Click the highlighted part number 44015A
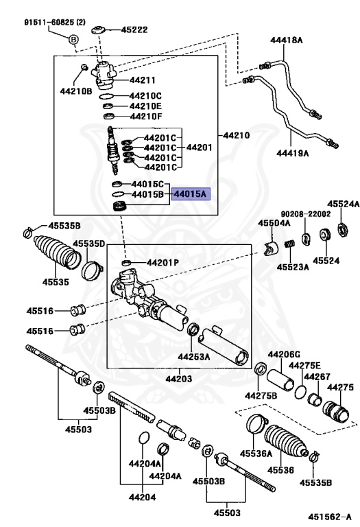[x=191, y=194]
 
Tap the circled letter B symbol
[x=73, y=40]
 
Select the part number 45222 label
[x=134, y=30]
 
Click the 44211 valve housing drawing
[x=104, y=75]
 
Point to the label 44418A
[x=287, y=40]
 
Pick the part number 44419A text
[x=293, y=154]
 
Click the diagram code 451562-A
[x=330, y=516]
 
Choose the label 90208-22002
[x=306, y=214]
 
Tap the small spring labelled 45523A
[x=290, y=244]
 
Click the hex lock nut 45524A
[x=344, y=230]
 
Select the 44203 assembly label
[x=179, y=379]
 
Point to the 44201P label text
[x=163, y=263]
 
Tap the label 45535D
[x=89, y=244]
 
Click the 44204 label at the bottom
[x=143, y=497]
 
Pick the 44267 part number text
[x=317, y=377]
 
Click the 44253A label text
[x=194, y=357]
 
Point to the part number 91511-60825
[x=49, y=22]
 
